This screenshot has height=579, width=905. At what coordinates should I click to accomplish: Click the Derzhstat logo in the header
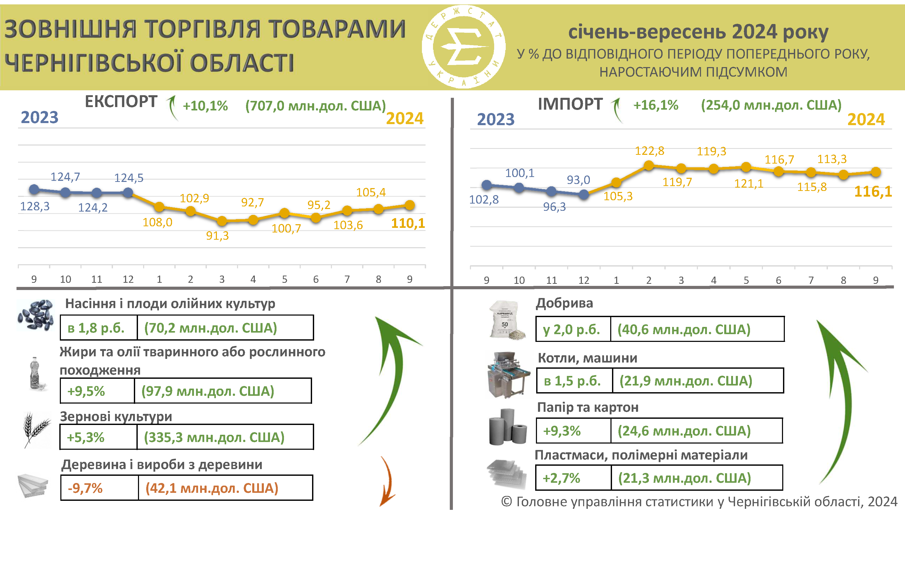tap(463, 47)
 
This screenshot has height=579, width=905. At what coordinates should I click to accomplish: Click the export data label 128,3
tap(35, 206)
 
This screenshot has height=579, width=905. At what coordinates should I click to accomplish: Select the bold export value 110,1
tap(408, 223)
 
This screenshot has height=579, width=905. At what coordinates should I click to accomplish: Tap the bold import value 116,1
tap(873, 192)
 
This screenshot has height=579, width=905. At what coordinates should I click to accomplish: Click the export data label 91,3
tap(217, 236)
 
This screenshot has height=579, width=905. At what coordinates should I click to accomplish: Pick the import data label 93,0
tap(578, 180)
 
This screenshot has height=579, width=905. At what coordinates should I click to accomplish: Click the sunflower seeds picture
tap(36, 315)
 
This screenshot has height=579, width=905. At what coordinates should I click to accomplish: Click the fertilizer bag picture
tap(506, 320)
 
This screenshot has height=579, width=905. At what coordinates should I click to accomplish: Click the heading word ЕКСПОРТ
tap(121, 101)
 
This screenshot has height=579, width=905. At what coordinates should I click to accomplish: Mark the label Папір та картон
tap(588, 407)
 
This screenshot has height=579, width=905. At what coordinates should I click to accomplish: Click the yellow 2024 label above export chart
tap(404, 118)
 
